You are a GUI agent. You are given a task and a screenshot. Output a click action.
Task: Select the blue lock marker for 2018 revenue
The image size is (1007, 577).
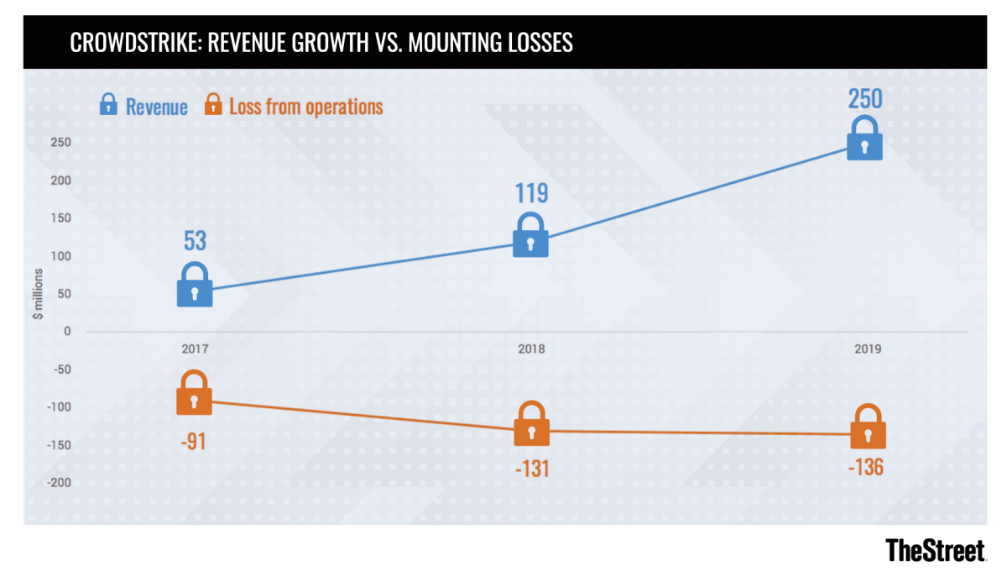(530, 236)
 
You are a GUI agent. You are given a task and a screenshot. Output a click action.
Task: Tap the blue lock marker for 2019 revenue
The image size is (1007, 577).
(864, 139)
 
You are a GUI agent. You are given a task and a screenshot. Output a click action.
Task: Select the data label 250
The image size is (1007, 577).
(864, 99)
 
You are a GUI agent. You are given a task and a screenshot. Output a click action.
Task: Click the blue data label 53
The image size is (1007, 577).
(195, 242)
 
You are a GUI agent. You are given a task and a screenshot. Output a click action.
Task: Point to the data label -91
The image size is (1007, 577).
(192, 439)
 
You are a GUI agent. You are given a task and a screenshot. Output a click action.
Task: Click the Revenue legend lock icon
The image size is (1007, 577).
(108, 105)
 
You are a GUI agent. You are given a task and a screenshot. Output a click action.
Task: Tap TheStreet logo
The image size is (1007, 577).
(935, 550)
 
